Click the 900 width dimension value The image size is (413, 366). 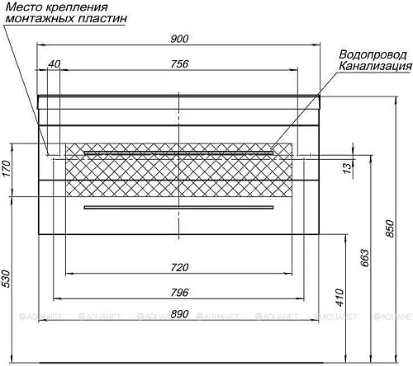tap(179, 39)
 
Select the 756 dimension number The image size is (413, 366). tap(179, 64)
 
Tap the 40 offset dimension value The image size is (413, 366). tap(55, 63)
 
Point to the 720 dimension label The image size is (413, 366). tap(179, 267)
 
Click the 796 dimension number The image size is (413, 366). tap(179, 293)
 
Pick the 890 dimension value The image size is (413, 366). tap(179, 314)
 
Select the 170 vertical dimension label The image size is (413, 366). tap(7, 168)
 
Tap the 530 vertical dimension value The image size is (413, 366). tap(7, 279)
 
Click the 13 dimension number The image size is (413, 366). tap(348, 167)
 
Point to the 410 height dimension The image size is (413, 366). tap(340, 298)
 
